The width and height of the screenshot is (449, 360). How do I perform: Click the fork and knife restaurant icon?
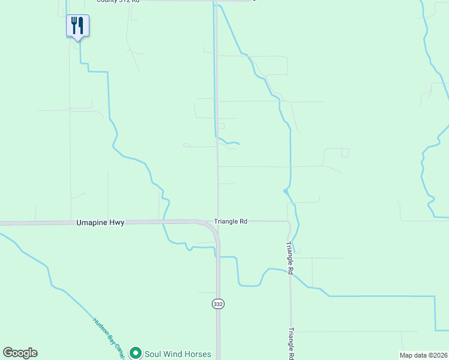pos(77,26)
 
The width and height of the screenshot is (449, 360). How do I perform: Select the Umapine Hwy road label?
pos(100,222)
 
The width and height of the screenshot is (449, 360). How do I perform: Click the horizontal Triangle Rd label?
pos(231,221)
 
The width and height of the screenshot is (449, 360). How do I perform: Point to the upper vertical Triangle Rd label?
pos(289,258)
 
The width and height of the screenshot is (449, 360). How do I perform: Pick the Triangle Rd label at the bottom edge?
pos(291,343)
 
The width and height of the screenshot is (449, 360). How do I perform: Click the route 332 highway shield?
pos(217,304)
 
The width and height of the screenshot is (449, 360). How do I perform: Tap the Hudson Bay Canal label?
pos(109,337)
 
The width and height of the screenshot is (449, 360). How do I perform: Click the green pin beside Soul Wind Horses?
pos(136,353)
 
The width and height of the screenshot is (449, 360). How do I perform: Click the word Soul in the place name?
pos(152,354)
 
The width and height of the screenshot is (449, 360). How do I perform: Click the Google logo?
pos(20,353)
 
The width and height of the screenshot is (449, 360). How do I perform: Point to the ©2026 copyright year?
pos(437,355)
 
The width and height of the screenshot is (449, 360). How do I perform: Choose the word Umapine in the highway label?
pos(92,222)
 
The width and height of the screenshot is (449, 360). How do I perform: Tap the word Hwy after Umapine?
pos(118,222)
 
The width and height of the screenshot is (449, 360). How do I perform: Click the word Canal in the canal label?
pos(119,350)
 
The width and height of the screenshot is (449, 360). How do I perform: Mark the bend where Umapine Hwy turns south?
pos(211,227)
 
